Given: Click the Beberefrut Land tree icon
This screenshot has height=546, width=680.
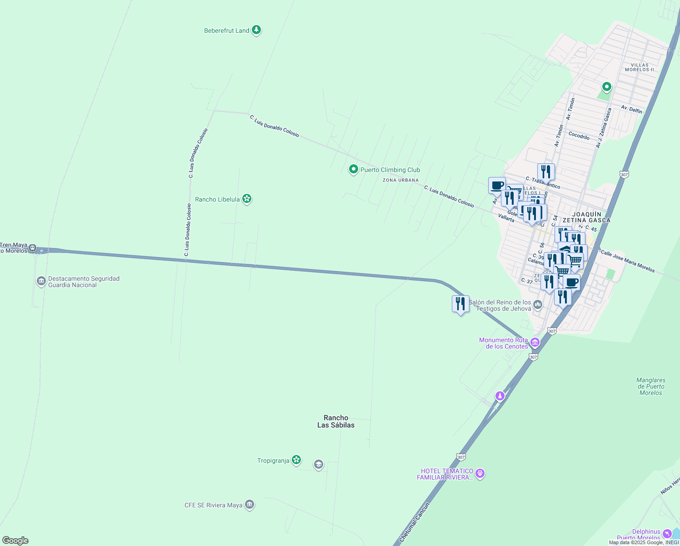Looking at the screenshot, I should point(256,30).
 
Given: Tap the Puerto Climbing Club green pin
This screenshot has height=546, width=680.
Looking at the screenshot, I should point(353,169).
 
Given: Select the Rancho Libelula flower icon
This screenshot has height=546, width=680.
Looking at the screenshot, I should point(247,199).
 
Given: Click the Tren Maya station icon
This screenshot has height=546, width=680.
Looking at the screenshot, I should point(32,248).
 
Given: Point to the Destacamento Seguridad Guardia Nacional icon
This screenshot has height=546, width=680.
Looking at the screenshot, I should point(41,281).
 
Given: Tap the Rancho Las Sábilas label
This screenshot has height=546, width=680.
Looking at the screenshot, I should point(335,421).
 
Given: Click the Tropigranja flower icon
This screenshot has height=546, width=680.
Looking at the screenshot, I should point(296,460).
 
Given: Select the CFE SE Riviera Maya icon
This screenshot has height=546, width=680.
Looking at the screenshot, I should point(249,505).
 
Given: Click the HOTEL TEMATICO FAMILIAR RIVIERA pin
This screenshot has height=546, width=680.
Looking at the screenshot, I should point(480,474).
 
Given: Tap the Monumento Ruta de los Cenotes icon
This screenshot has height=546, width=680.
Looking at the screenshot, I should point(535,343).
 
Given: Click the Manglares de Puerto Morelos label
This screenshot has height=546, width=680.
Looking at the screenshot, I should point(650,386).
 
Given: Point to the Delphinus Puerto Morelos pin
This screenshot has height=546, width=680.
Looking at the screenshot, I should point(667,533).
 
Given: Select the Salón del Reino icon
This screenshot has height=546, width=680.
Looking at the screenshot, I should point(538,304).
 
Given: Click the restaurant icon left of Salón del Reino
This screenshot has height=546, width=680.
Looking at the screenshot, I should point(460,303).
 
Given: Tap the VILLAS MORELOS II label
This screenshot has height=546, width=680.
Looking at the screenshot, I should point(639,67).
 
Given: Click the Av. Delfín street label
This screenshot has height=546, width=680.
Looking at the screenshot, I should point(631,110).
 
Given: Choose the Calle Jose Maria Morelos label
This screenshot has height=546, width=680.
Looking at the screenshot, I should point(627,261).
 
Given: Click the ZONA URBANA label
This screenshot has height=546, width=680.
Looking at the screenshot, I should point(400,180).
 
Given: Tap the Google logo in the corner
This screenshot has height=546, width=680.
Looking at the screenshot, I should point(15,540).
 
